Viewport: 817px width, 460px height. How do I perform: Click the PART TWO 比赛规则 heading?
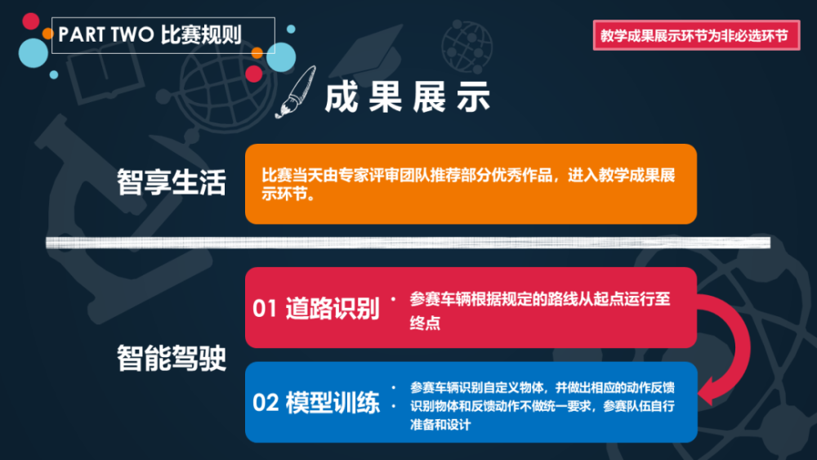click(x=150, y=35)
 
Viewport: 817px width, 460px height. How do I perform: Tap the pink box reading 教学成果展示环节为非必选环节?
click(x=696, y=35)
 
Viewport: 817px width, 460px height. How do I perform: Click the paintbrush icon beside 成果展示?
click(x=297, y=92)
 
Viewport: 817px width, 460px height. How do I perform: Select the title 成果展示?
click(x=407, y=97)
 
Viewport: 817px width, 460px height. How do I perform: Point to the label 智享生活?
click(x=172, y=182)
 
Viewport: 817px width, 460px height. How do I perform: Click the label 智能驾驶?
click(x=172, y=358)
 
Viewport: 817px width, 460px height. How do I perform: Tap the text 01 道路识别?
click(x=316, y=308)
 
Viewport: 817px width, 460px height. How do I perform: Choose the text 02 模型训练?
click(x=316, y=403)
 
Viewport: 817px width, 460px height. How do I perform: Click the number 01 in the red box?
click(x=265, y=308)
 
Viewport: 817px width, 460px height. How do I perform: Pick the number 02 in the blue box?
click(x=266, y=404)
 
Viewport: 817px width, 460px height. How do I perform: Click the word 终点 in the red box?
click(x=425, y=323)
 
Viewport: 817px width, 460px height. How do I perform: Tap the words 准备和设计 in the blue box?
click(x=440, y=425)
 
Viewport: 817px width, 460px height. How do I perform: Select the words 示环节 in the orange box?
click(x=284, y=194)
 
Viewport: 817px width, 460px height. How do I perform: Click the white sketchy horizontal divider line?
click(x=408, y=242)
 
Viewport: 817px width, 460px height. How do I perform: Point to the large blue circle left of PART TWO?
click(x=33, y=53)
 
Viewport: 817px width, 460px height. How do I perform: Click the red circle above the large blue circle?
click(x=31, y=21)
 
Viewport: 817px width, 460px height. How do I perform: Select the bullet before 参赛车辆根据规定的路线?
click(x=394, y=299)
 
